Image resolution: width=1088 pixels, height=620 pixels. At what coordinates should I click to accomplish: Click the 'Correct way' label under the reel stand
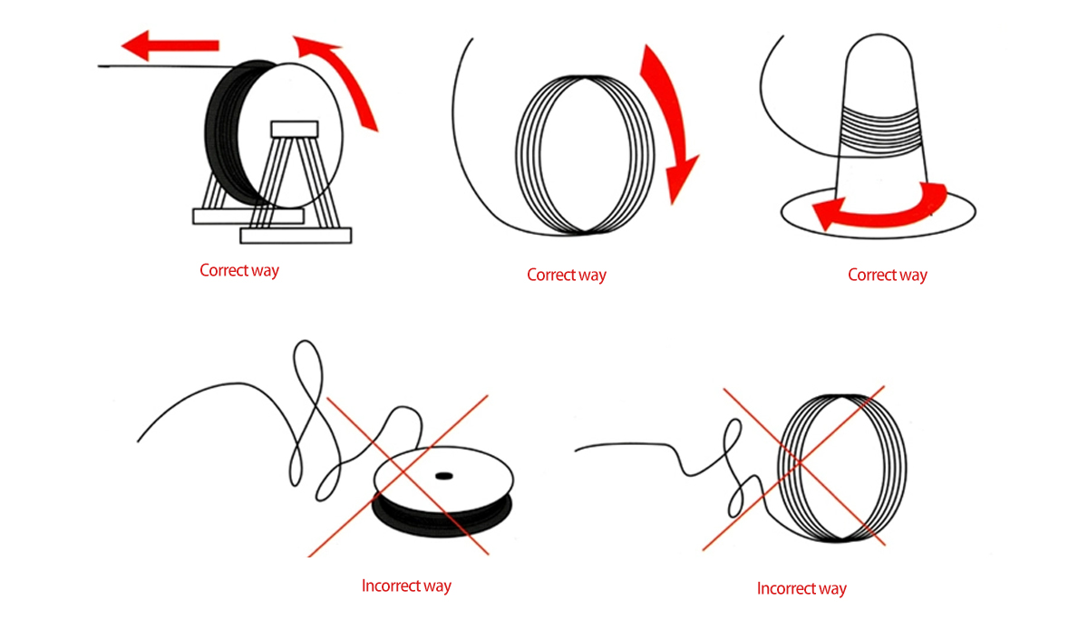pos(239,270)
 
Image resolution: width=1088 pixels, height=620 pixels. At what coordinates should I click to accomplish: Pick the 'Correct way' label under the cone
pos(888,275)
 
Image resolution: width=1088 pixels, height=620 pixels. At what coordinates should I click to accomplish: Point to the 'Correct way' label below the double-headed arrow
pos(567,275)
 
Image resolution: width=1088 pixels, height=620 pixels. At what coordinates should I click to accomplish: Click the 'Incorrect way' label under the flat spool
pos(406,586)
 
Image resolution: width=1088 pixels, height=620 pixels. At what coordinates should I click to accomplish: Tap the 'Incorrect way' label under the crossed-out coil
pos(801,589)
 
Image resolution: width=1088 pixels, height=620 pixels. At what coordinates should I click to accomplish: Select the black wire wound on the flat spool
pos(435,521)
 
